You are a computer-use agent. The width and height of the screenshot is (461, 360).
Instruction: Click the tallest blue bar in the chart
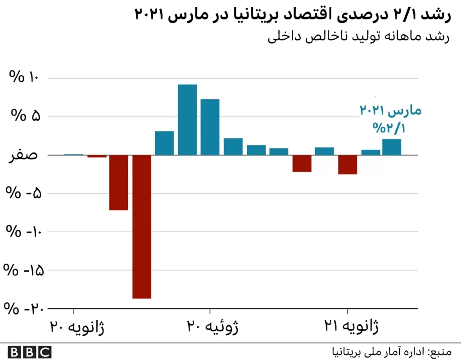point(187,120)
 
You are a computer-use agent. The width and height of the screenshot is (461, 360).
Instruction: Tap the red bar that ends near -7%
point(118,182)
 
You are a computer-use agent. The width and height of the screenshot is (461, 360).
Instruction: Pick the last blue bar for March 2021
point(391,147)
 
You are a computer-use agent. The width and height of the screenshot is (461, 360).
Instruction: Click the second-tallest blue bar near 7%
point(210,127)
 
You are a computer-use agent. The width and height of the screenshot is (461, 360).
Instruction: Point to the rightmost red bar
point(348,164)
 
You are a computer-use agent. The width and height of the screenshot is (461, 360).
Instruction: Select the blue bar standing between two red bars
point(325,151)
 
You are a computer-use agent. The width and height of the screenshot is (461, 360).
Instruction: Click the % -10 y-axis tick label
point(21,232)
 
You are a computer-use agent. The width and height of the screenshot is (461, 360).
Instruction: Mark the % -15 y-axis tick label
point(21,270)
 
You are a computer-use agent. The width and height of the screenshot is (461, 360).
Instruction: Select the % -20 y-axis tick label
point(21,309)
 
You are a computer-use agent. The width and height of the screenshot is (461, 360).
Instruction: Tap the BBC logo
point(30,351)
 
